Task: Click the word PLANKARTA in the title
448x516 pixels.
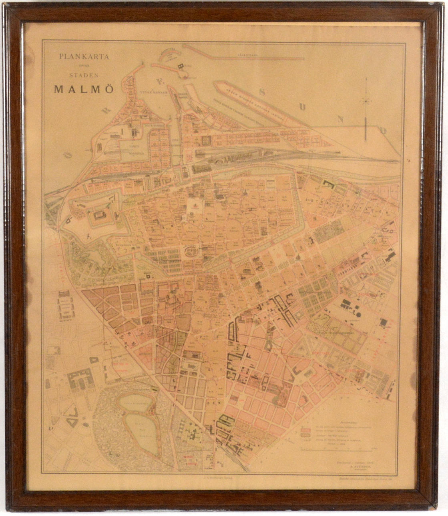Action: pos(84,56)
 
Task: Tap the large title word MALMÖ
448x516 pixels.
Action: pos(84,89)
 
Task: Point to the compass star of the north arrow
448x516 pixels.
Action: pos(365,101)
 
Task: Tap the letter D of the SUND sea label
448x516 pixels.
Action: pos(382,130)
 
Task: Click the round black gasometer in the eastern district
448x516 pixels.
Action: pos(358,314)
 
